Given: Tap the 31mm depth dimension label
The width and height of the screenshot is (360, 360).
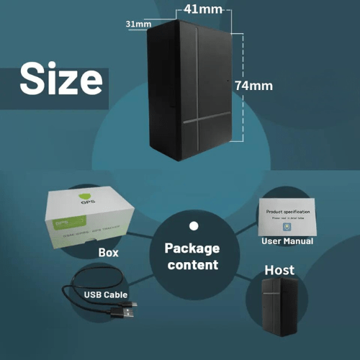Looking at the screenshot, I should pos(138,24).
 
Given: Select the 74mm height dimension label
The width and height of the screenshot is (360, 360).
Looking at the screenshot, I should pos(254,85).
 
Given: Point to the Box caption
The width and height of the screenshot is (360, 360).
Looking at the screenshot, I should pos(109,253).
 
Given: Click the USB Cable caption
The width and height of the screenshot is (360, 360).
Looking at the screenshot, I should pos(106,295).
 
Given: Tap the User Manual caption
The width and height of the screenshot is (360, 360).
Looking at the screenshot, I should pos(287,241).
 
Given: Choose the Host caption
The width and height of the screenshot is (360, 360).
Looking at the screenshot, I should pos(279,270).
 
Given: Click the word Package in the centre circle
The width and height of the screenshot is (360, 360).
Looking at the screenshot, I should pos(192,248).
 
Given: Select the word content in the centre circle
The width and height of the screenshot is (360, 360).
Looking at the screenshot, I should pos(192,265).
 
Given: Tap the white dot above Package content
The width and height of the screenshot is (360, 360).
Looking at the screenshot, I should pos(192,225).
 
